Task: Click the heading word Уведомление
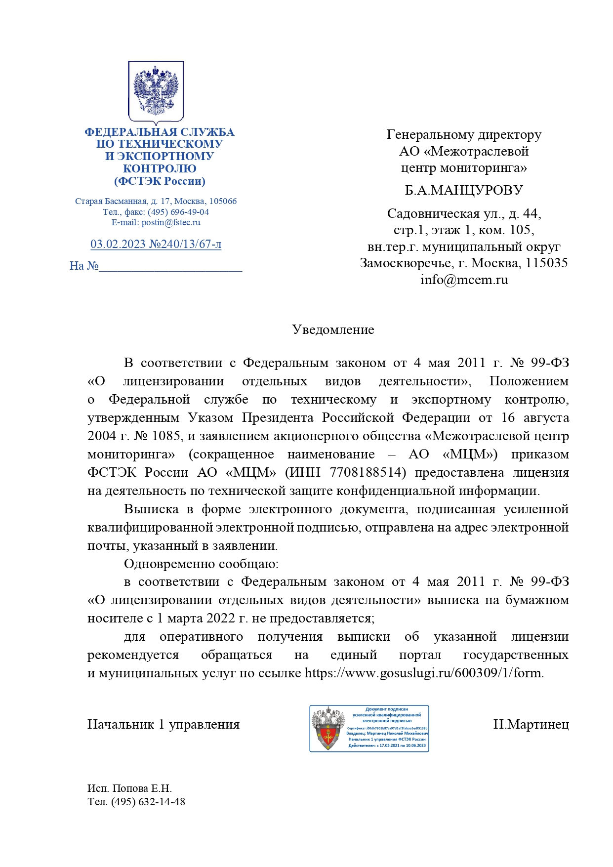point(333,330)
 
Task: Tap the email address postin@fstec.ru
point(171,222)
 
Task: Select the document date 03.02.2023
point(118,244)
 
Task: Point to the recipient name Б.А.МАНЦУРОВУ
point(463,190)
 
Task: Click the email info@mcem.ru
point(464,280)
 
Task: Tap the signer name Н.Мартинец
point(531,724)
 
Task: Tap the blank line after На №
point(170,267)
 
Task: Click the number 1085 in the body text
point(167,436)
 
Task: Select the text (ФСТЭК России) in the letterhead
point(160,181)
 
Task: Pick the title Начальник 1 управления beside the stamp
point(163,724)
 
